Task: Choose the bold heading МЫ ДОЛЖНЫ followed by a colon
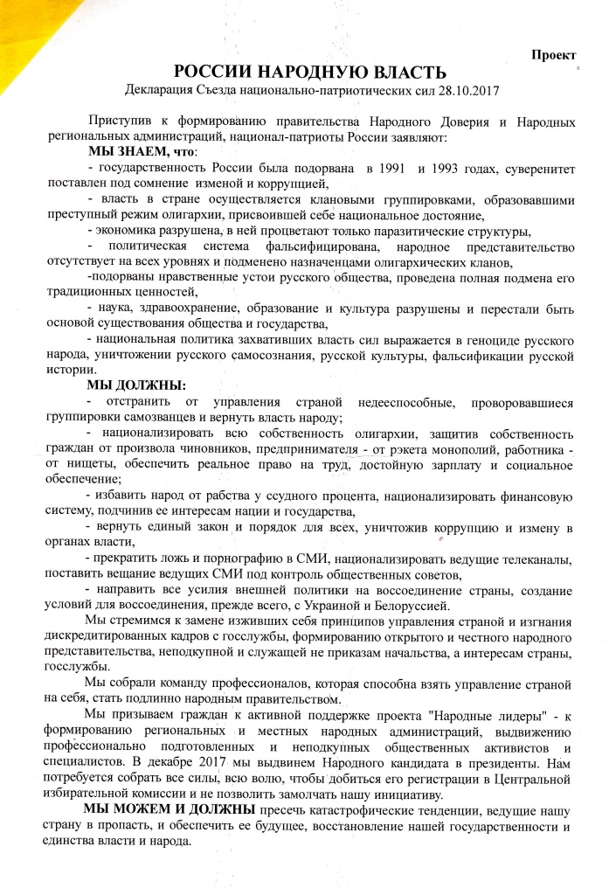tap(138, 386)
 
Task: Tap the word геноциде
tap(464, 340)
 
